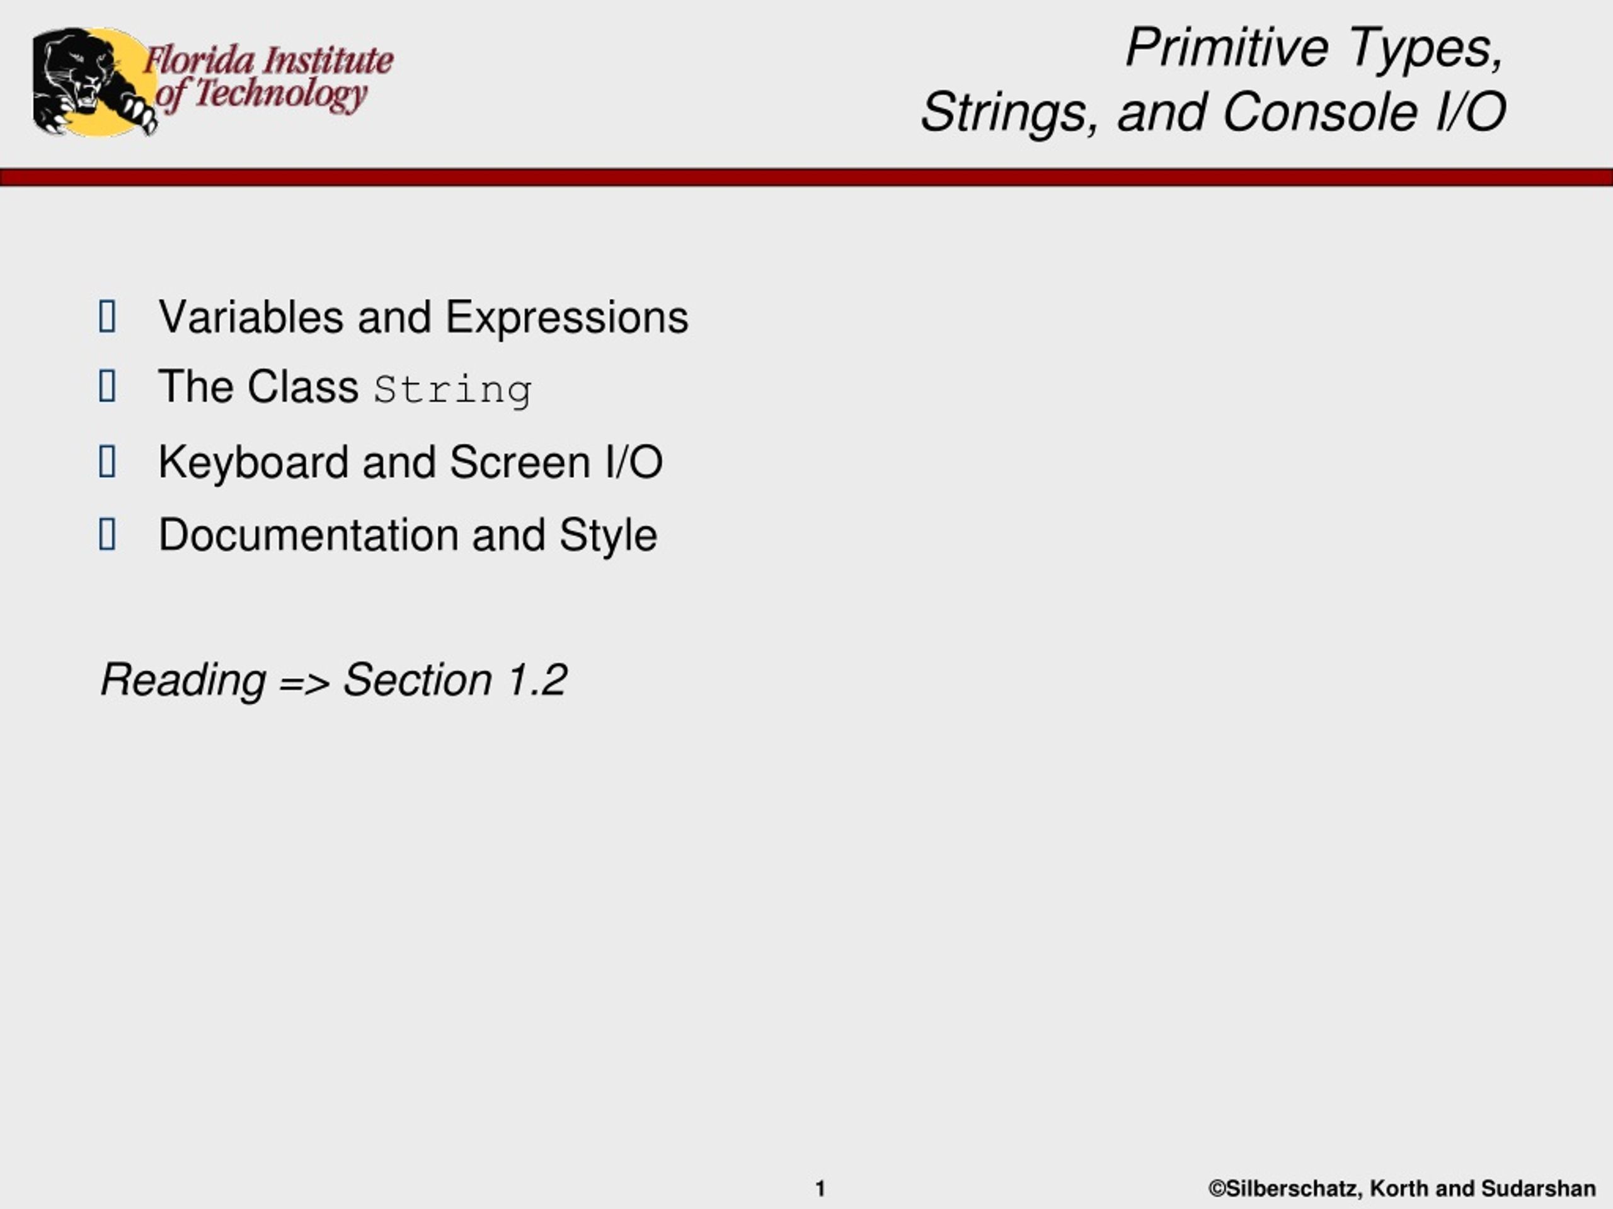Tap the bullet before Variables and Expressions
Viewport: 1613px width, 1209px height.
click(107, 316)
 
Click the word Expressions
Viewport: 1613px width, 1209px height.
click(566, 319)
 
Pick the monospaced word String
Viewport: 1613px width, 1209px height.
click(453, 390)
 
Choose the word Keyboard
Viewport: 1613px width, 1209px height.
click(253, 462)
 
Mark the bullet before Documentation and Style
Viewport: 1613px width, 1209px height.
click(107, 534)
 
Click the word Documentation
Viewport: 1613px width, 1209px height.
click(309, 535)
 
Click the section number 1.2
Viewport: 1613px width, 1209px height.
click(537, 680)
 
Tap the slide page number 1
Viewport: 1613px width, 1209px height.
click(820, 1189)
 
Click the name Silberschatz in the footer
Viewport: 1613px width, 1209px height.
click(1285, 1189)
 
